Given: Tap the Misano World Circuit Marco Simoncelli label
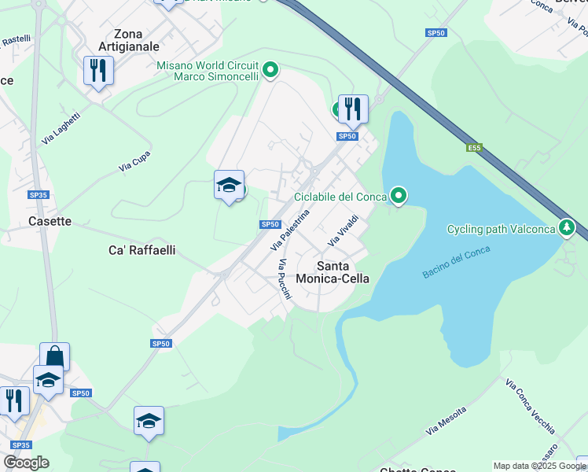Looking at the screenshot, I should (208, 72).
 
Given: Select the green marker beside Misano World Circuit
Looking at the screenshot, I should (270, 71).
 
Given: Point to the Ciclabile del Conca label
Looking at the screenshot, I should (340, 197).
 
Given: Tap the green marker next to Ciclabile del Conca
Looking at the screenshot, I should (399, 196).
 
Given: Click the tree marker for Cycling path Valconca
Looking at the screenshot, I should (566, 229).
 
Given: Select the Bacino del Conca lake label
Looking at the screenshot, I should (456, 262).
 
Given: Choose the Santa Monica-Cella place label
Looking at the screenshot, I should (332, 271).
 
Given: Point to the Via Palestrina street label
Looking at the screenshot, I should (290, 230).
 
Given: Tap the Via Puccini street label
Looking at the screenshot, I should (284, 279).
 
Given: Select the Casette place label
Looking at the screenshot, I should (50, 221).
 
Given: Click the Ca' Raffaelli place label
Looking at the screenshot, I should (141, 250).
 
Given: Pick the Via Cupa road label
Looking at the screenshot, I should (134, 162).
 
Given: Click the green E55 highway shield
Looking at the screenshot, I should (473, 147).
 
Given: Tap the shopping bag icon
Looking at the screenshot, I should (54, 356).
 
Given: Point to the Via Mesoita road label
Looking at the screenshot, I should (446, 421).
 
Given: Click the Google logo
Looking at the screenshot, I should (26, 463).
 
